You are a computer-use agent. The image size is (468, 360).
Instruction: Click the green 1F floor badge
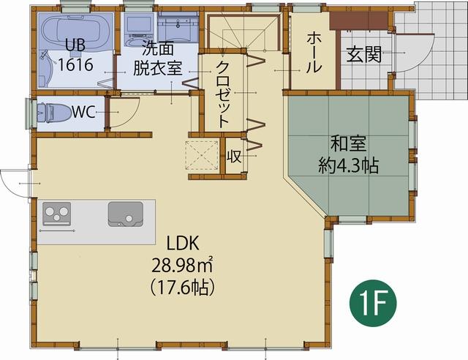pos(377,301)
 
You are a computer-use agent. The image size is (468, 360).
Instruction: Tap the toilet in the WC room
pos(52,113)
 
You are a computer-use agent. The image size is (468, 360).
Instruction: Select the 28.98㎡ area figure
pos(184,265)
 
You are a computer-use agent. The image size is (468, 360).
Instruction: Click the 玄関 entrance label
pos(364,56)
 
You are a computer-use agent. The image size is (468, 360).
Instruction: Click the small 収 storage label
pos(234,157)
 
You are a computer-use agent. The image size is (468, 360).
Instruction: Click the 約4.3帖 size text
pos(348,166)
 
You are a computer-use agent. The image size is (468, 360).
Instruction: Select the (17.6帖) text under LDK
pos(184,286)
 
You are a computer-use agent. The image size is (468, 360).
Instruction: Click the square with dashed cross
pos(203,154)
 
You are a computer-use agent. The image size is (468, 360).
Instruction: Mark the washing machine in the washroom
pos(137,27)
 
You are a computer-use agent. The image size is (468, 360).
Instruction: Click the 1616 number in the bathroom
pos(75,64)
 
